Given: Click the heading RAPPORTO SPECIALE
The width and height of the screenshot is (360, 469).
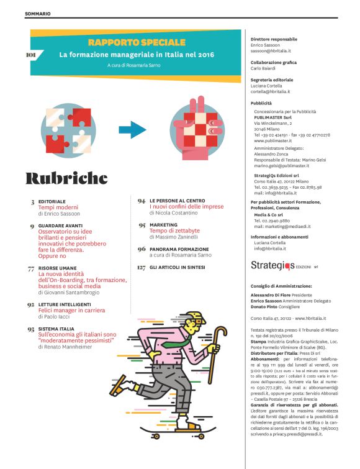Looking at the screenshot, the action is [137, 42].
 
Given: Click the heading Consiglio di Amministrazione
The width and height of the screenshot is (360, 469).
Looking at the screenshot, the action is [281, 286].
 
